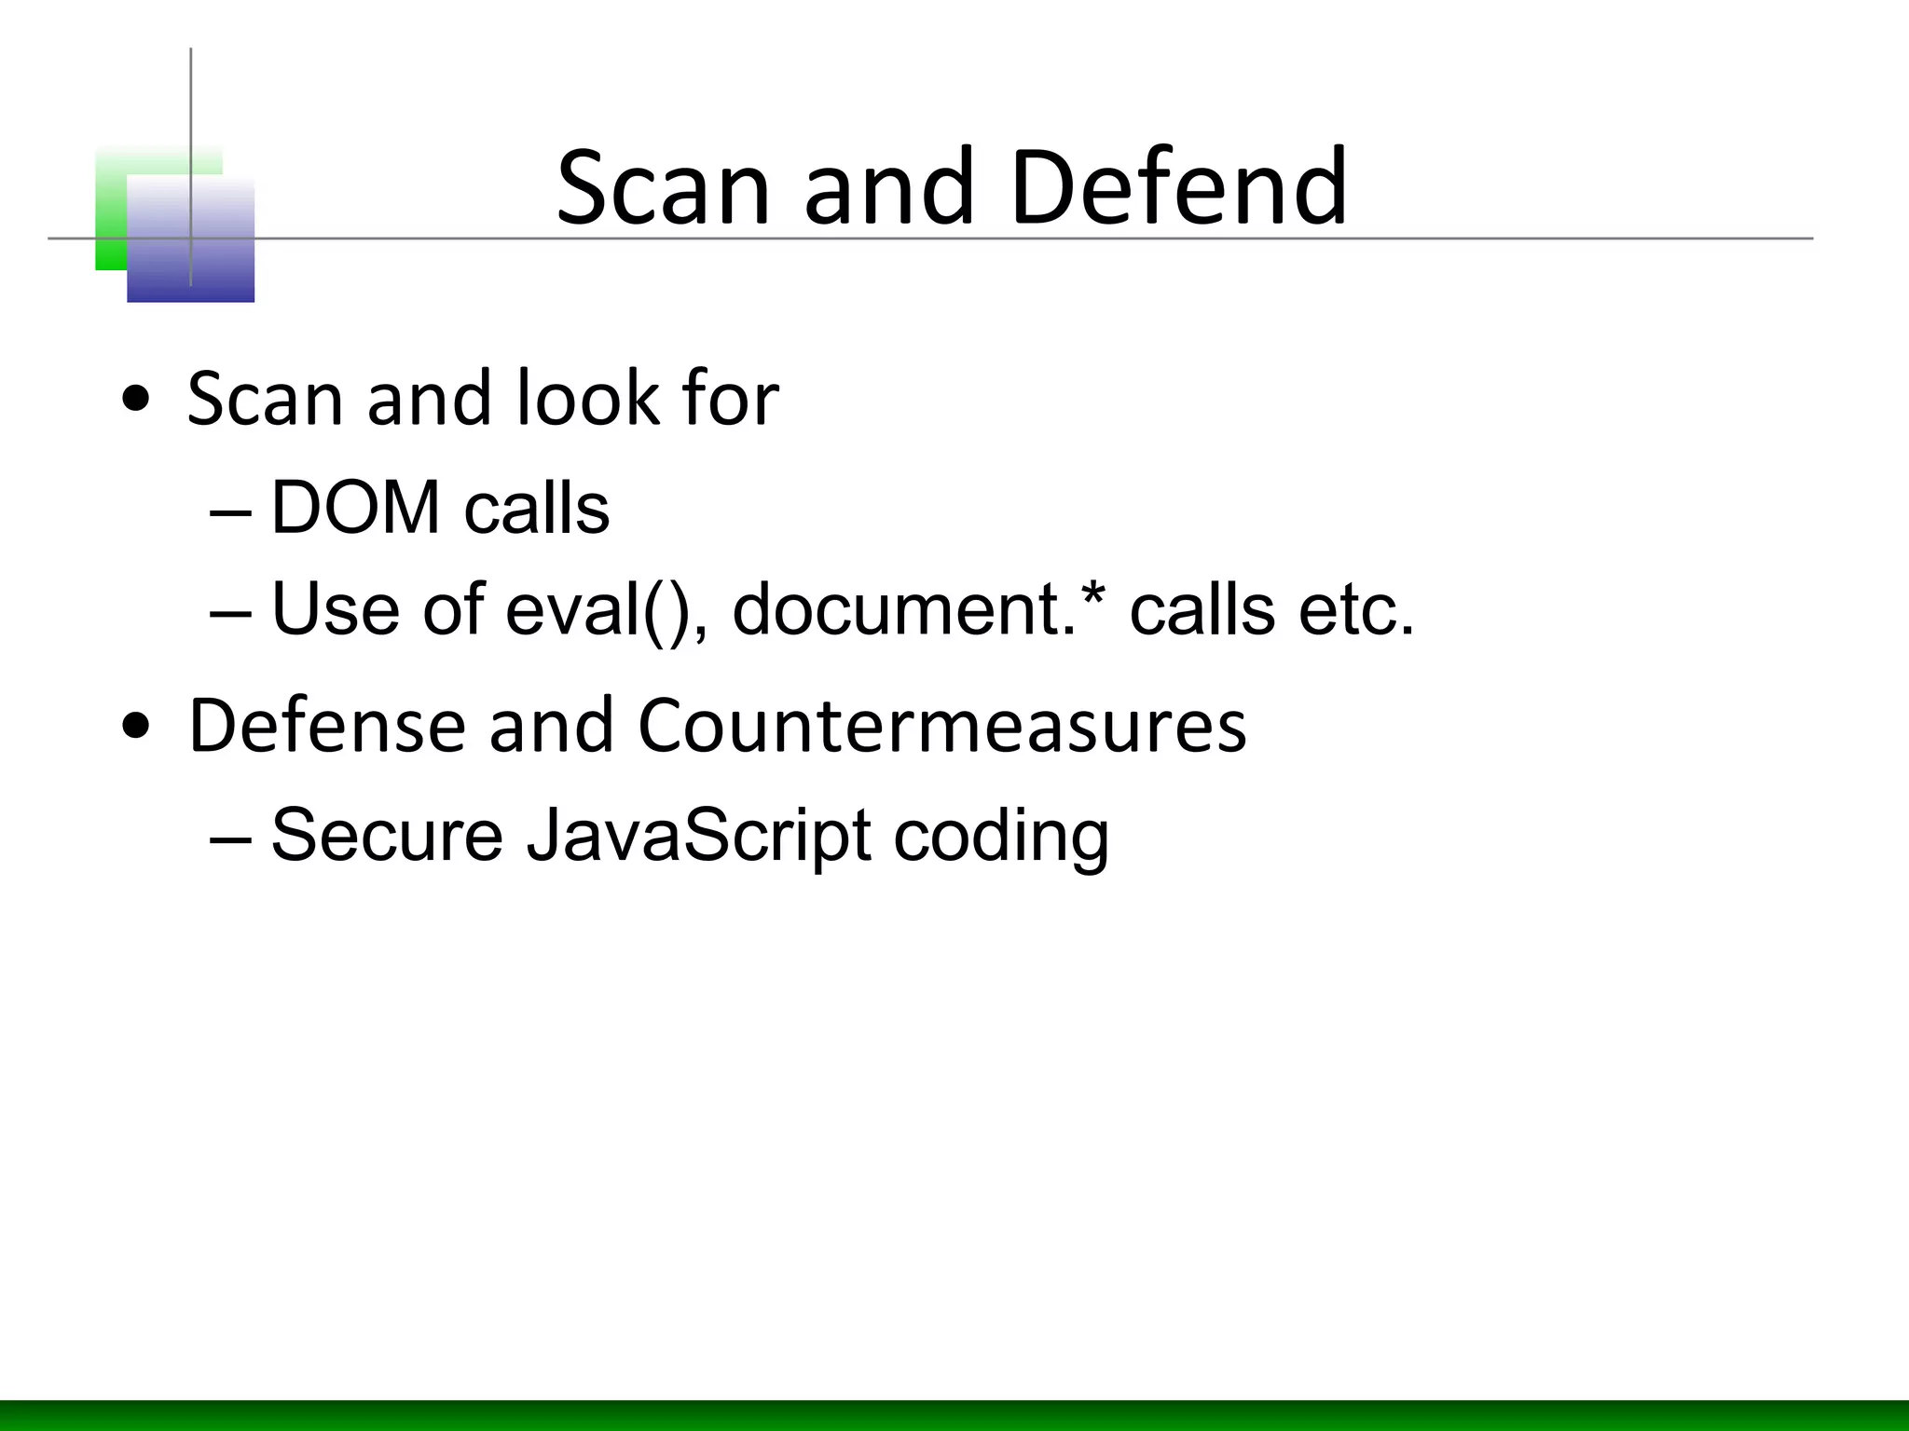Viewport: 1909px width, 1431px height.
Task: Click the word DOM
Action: point(355,509)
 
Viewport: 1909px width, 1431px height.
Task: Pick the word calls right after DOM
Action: point(536,509)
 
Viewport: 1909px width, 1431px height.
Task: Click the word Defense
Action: point(326,726)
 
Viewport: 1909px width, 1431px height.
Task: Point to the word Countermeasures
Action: point(941,726)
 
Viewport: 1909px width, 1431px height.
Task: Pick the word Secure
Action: point(387,835)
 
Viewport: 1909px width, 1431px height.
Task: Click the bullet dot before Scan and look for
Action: point(136,401)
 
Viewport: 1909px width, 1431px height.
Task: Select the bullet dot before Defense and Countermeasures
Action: point(136,728)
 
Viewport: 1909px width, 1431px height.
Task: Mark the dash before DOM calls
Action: point(231,512)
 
